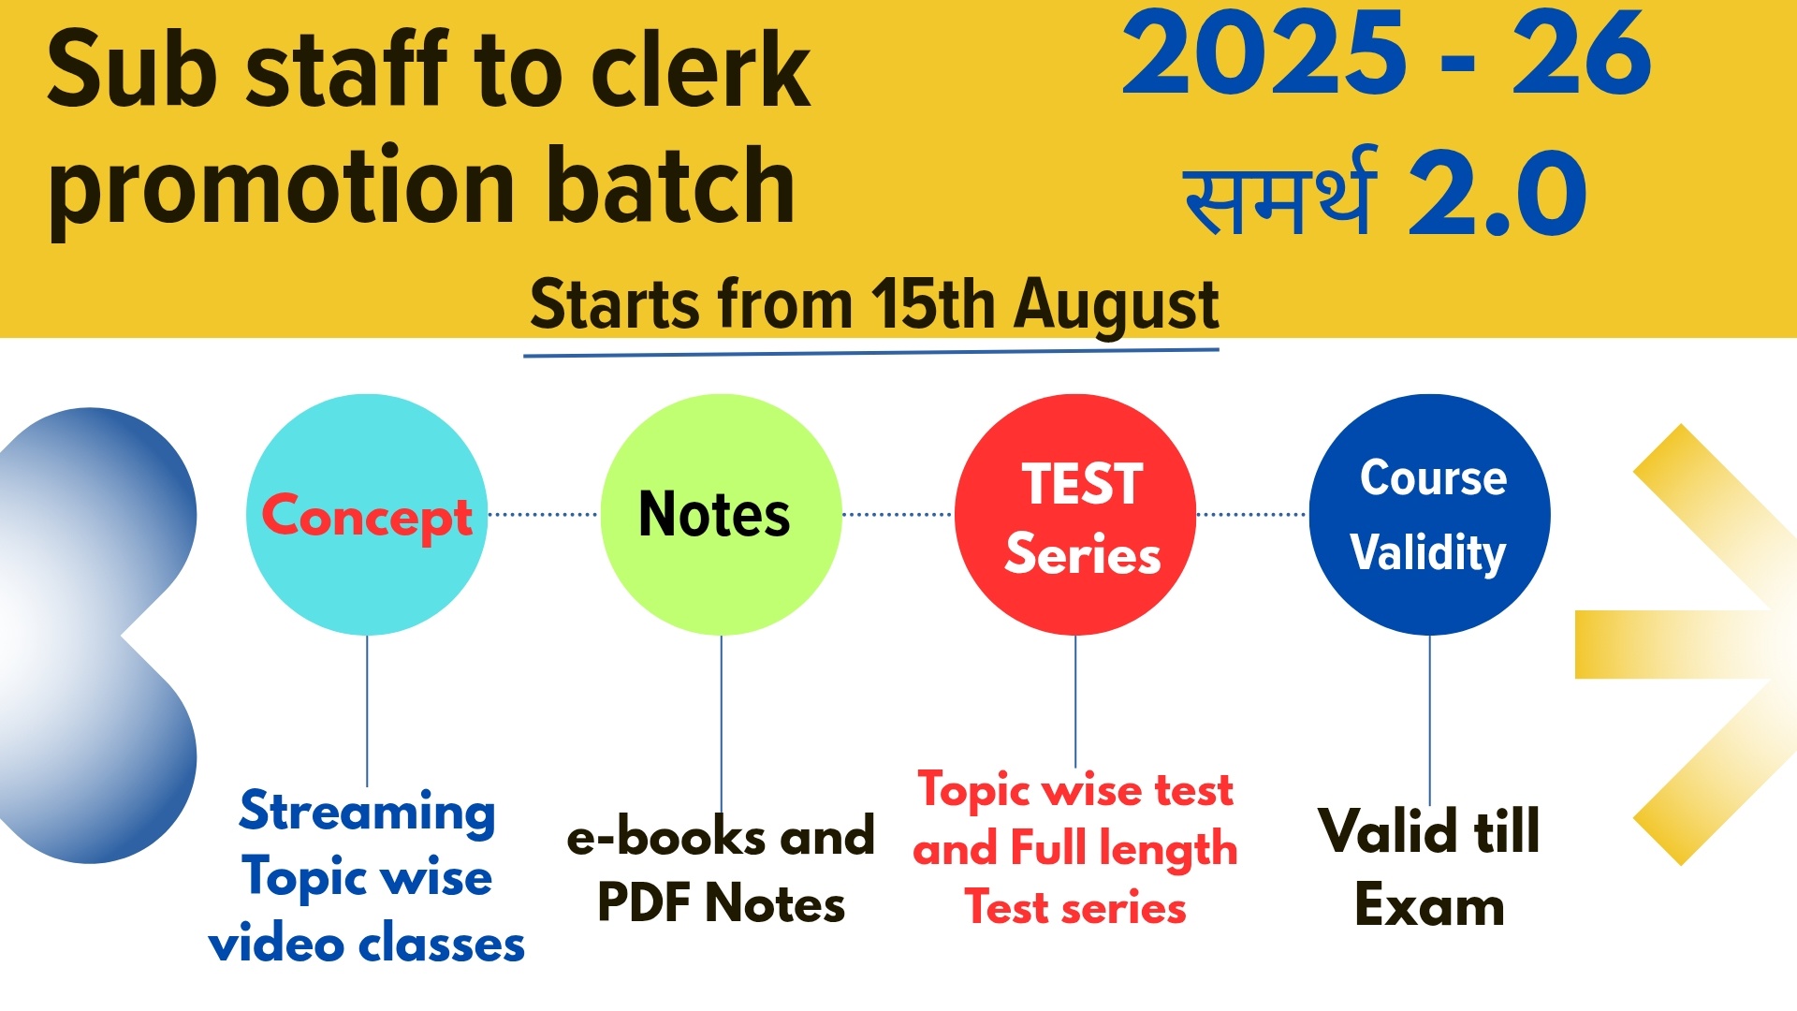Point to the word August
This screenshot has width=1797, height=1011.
tap(1118, 305)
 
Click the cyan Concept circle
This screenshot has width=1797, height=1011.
tap(367, 515)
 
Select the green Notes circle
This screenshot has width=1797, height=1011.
tap(721, 515)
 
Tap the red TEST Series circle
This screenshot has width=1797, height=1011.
tap(1075, 515)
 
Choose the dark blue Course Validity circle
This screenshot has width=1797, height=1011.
tap(1429, 515)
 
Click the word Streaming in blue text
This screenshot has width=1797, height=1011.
tap(367, 811)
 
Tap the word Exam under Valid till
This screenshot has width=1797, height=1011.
tap(1429, 905)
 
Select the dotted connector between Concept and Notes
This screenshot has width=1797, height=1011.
tap(544, 515)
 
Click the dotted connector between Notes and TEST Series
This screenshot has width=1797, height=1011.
tap(898, 515)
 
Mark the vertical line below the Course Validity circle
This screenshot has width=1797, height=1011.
tap(1429, 719)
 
